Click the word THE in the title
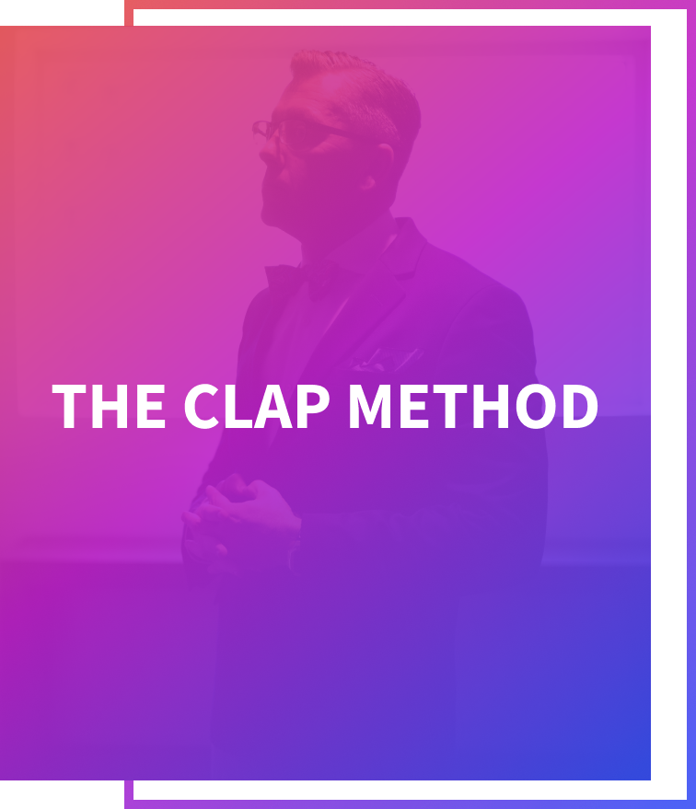point(109,406)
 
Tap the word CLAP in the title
point(257,406)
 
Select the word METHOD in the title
point(473,406)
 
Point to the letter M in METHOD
point(370,406)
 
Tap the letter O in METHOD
point(536,406)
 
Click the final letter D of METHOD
point(580,406)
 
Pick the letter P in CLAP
point(313,406)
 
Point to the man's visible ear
point(381,164)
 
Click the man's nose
point(267,151)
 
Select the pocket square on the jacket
point(385,359)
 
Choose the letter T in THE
point(69,406)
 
